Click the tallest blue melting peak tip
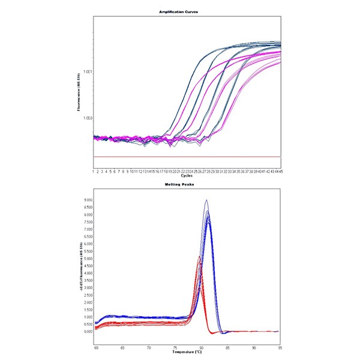[x=206, y=200]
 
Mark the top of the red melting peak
[x=199, y=257]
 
